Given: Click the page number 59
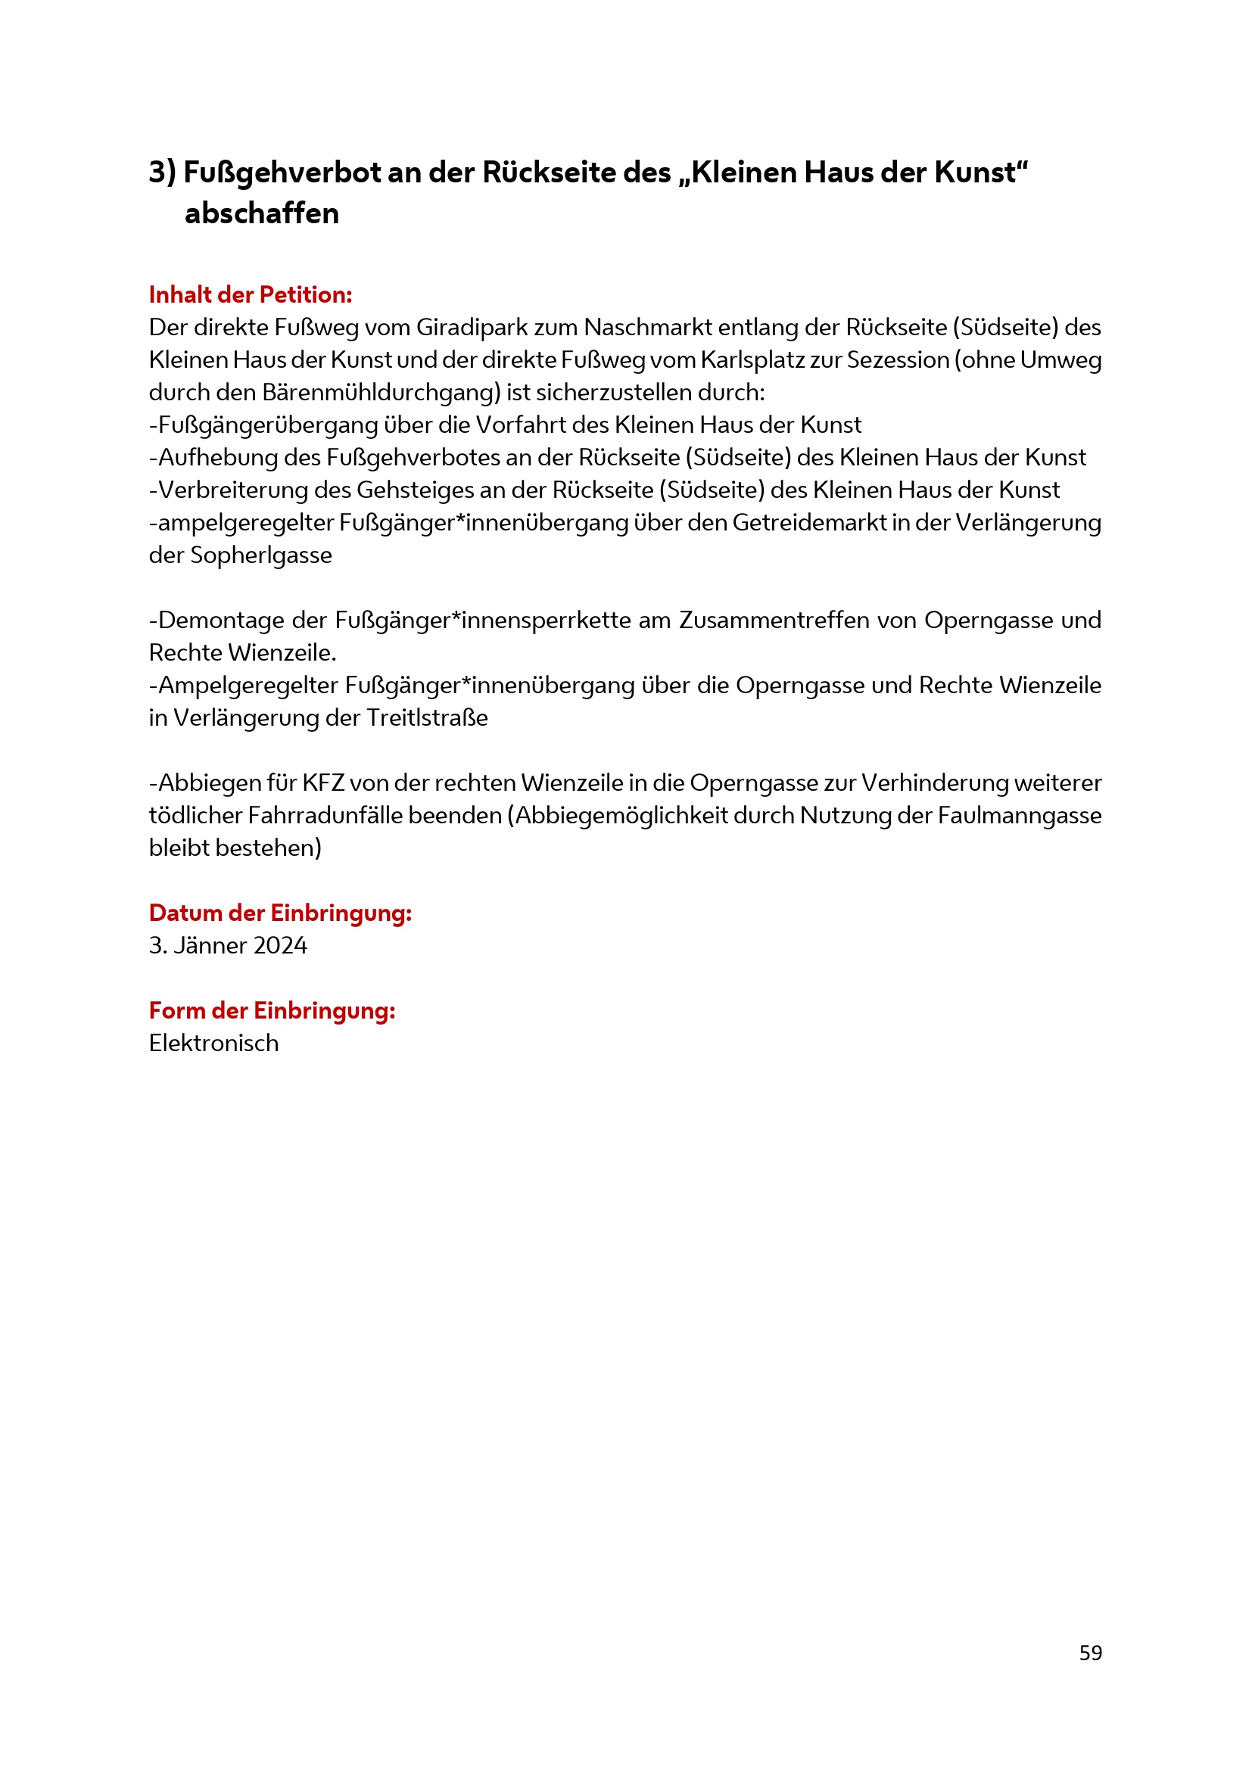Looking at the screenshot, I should (x=1090, y=1653).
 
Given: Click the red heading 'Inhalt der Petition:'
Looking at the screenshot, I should (x=251, y=294).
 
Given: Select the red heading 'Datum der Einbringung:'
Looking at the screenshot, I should (x=280, y=913).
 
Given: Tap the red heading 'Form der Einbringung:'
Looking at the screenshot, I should (x=272, y=1010).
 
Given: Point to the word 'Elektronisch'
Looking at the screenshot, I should (x=213, y=1043).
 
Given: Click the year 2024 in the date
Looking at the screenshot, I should (x=280, y=945).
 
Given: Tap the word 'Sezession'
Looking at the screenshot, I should (x=899, y=360).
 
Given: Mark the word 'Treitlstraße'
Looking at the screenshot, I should (x=427, y=717).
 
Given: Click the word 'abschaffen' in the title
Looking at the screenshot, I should (x=261, y=213).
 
